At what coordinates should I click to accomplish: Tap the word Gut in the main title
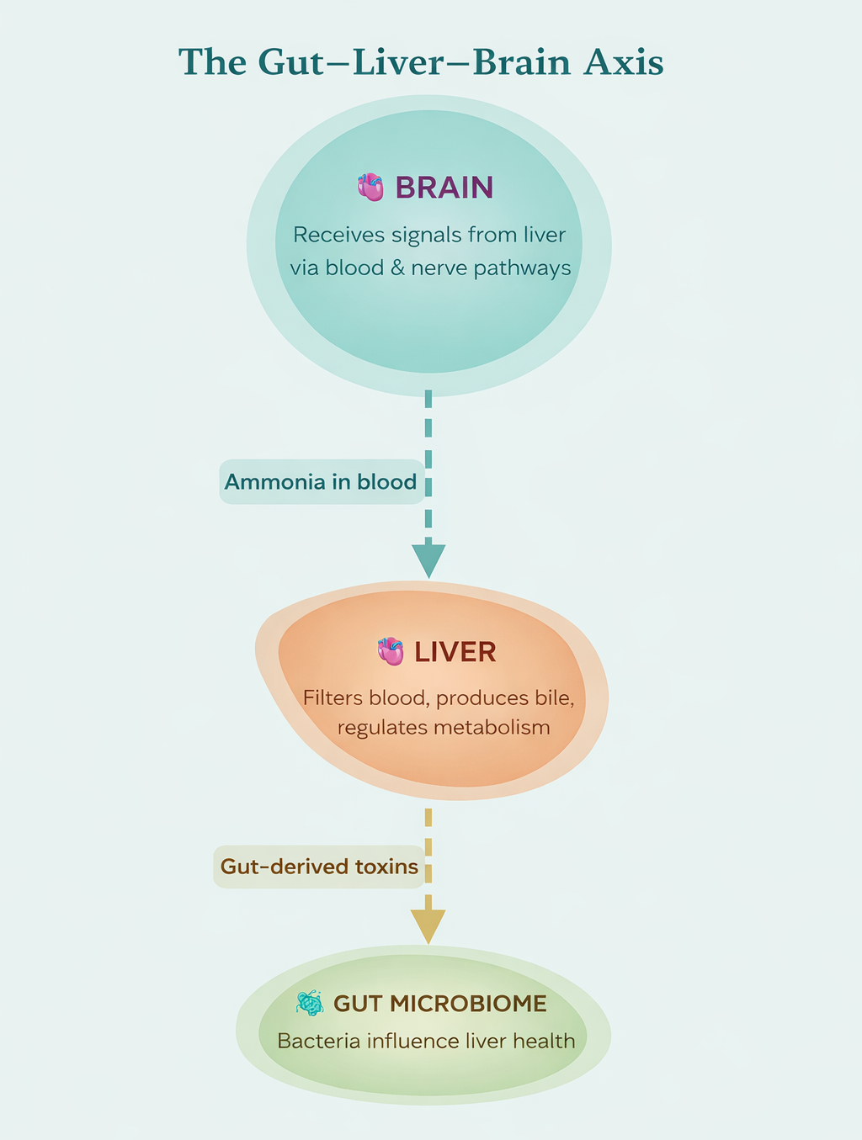click(291, 62)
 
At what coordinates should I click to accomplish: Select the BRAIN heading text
click(444, 188)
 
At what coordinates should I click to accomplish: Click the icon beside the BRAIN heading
click(370, 187)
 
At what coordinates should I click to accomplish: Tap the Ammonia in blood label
click(321, 482)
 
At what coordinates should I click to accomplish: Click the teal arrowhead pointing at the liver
click(428, 560)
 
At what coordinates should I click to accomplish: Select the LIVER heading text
click(455, 652)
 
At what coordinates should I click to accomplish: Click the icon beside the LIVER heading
click(391, 651)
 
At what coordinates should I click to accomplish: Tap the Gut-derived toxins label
click(319, 867)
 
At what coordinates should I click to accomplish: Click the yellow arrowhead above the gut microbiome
click(428, 925)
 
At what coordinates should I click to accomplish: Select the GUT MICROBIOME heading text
click(439, 1004)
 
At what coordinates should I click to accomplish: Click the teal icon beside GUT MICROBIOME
click(310, 1003)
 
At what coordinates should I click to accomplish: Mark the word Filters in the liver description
click(333, 698)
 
